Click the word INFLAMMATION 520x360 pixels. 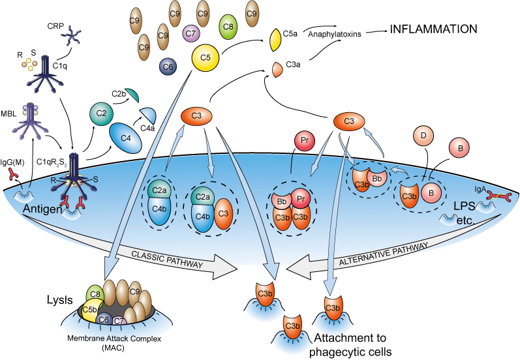click(434, 29)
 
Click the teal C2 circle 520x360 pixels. click(101, 113)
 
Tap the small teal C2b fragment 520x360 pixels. click(130, 96)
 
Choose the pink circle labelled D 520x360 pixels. click(424, 136)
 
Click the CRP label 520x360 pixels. click(56, 27)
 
